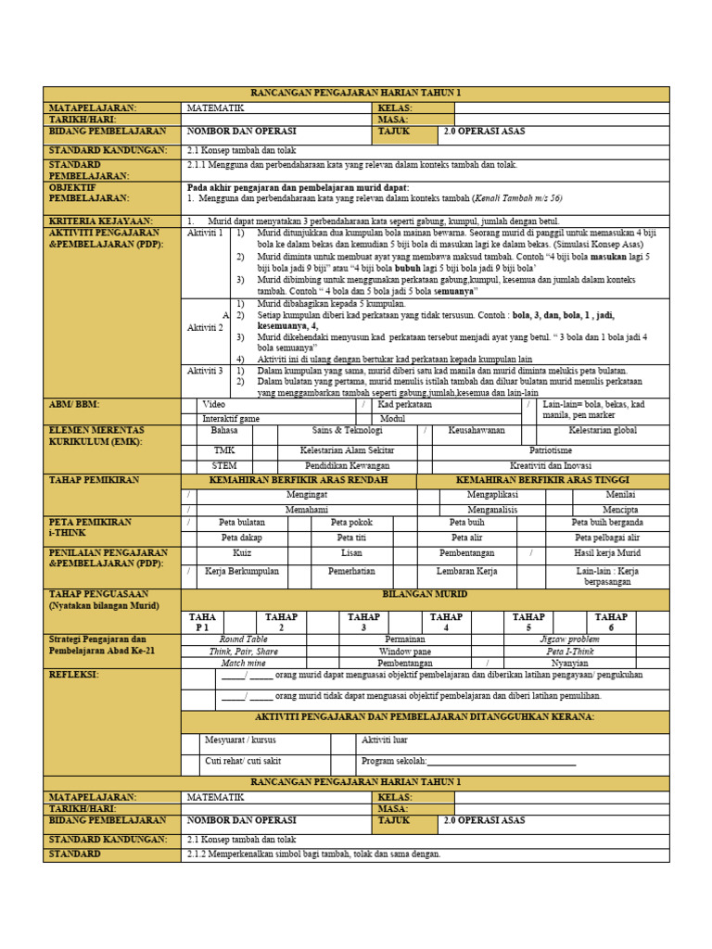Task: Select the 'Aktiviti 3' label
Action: click(x=205, y=371)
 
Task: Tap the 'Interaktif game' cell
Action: click(x=231, y=419)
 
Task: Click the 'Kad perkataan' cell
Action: click(x=405, y=405)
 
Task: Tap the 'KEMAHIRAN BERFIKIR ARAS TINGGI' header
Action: click(x=542, y=480)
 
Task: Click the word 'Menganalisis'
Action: click(x=491, y=510)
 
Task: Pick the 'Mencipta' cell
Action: click(x=620, y=510)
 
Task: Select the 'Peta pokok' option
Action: click(x=351, y=523)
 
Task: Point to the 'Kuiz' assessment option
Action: click(x=242, y=552)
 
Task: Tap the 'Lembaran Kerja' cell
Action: click(x=466, y=572)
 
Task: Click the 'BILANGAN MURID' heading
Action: click(x=425, y=593)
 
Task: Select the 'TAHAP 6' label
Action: click(x=637, y=622)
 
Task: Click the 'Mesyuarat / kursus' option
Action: click(x=240, y=740)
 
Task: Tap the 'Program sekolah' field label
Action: click(x=393, y=762)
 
